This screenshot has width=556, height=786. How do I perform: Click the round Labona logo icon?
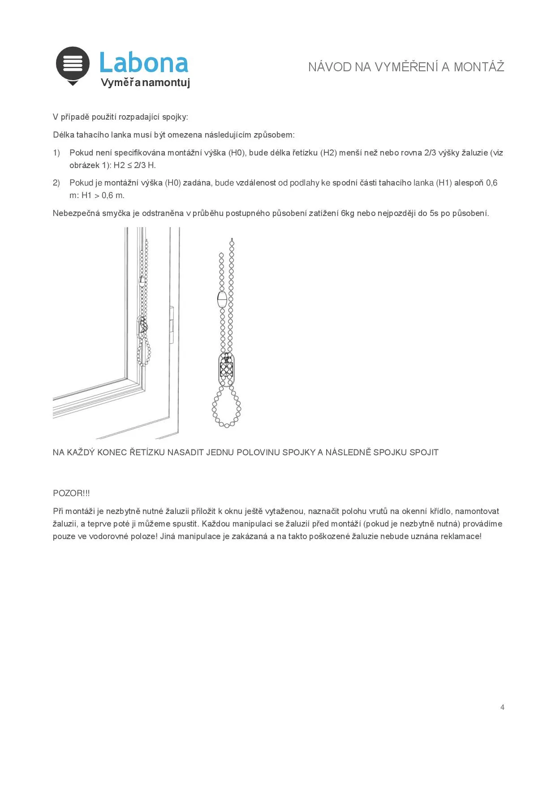[x=73, y=64]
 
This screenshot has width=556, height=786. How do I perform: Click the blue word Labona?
[x=143, y=63]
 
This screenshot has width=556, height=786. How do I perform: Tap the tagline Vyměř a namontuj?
[x=145, y=83]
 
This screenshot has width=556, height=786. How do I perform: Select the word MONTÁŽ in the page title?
[x=479, y=67]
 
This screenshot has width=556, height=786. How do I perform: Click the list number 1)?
[x=56, y=153]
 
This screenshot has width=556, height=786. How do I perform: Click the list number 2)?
[x=56, y=183]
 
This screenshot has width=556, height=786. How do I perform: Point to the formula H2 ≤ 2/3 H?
[x=134, y=165]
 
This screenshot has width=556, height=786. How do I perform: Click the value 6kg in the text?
[x=347, y=213]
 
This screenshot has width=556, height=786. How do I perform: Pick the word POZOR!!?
[x=71, y=493]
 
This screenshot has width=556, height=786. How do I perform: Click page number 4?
[x=502, y=707]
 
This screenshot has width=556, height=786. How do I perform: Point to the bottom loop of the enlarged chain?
[x=226, y=409]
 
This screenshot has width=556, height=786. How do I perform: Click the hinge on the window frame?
[x=172, y=324]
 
